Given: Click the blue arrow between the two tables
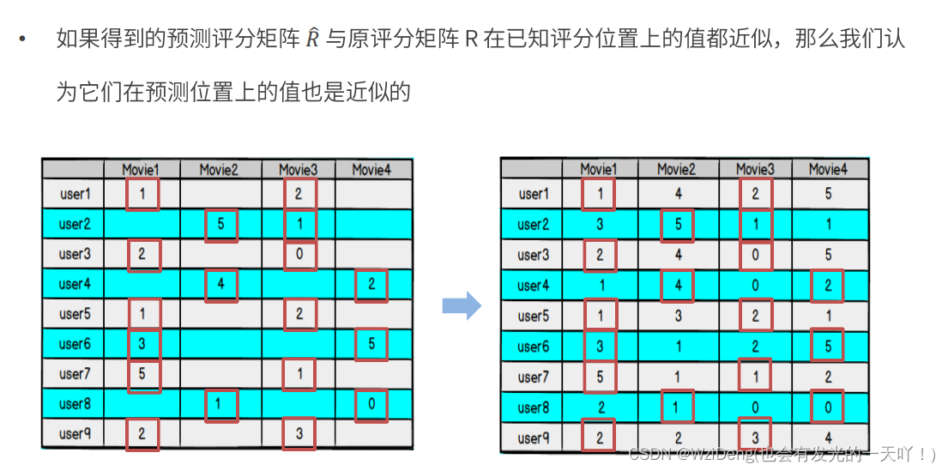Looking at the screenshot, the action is [461, 305].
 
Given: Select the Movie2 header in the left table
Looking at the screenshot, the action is [219, 170].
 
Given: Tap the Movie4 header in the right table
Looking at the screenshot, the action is [828, 169].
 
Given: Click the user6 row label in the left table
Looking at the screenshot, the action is [75, 344].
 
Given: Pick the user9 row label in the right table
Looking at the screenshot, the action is [533, 438].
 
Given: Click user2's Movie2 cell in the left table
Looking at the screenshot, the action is [220, 224].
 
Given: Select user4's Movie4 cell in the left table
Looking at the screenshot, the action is [371, 284].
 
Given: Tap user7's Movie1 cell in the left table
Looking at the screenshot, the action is [142, 373].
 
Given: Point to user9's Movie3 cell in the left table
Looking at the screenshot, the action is [299, 433].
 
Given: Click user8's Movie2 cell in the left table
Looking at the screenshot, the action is [220, 403].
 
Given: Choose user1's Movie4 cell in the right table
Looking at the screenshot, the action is [828, 194].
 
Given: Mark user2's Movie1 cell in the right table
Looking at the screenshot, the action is [600, 225].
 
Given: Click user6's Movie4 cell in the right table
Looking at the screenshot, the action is [828, 347].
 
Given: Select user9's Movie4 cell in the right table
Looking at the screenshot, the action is [828, 438].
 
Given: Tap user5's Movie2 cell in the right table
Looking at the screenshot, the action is [678, 316].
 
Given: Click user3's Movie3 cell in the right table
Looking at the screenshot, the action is [755, 255].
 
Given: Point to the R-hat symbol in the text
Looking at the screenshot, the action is [311, 39].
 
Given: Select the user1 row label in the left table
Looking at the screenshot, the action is [75, 194].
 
